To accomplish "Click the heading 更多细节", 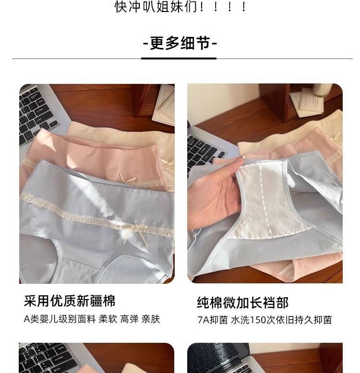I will (x=180, y=43).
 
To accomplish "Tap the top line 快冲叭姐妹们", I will (x=180, y=7).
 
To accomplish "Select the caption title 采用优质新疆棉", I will (x=70, y=301).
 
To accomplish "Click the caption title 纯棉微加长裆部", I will (x=242, y=303).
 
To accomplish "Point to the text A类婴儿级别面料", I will (x=60, y=319).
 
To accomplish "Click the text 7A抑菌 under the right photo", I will (x=212, y=320).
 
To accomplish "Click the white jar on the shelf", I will (x=322, y=90).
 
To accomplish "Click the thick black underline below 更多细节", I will (x=179, y=58).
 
